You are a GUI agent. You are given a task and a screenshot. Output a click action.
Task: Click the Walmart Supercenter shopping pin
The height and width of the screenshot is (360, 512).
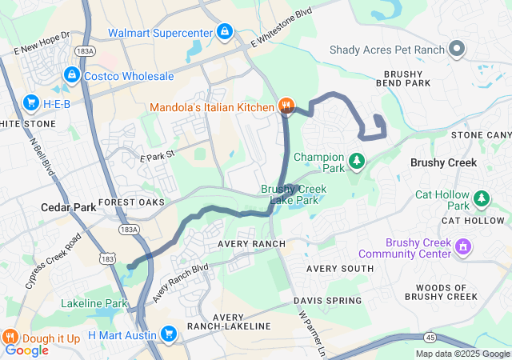pos(225,32)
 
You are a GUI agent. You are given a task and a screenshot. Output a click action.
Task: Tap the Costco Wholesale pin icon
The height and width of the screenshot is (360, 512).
pos(72,75)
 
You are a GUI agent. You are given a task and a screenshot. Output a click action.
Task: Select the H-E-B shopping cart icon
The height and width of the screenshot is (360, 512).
pos(31,102)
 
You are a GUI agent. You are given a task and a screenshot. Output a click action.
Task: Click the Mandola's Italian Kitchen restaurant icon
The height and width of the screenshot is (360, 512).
pos(286,106)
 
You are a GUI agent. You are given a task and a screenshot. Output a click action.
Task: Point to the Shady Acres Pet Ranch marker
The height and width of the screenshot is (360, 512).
pos(457,50)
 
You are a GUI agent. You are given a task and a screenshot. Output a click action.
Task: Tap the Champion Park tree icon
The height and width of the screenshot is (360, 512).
pos(358,162)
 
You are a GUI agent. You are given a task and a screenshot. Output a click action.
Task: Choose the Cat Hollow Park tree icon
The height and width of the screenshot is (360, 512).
pos(482,197)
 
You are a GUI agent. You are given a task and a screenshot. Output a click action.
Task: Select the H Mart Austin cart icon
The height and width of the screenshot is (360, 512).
pos(168,334)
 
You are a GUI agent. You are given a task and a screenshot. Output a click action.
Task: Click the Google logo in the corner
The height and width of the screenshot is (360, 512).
pos(26,350)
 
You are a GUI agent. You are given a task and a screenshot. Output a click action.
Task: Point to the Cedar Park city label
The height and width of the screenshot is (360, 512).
pos(68,207)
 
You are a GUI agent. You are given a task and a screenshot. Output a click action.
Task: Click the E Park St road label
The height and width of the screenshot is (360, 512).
pos(158,146)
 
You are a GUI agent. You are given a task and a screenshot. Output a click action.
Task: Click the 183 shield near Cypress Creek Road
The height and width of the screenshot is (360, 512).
pos(108,258)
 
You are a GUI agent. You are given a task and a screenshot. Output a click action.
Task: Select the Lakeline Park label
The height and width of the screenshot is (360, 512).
pos(94,303)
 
